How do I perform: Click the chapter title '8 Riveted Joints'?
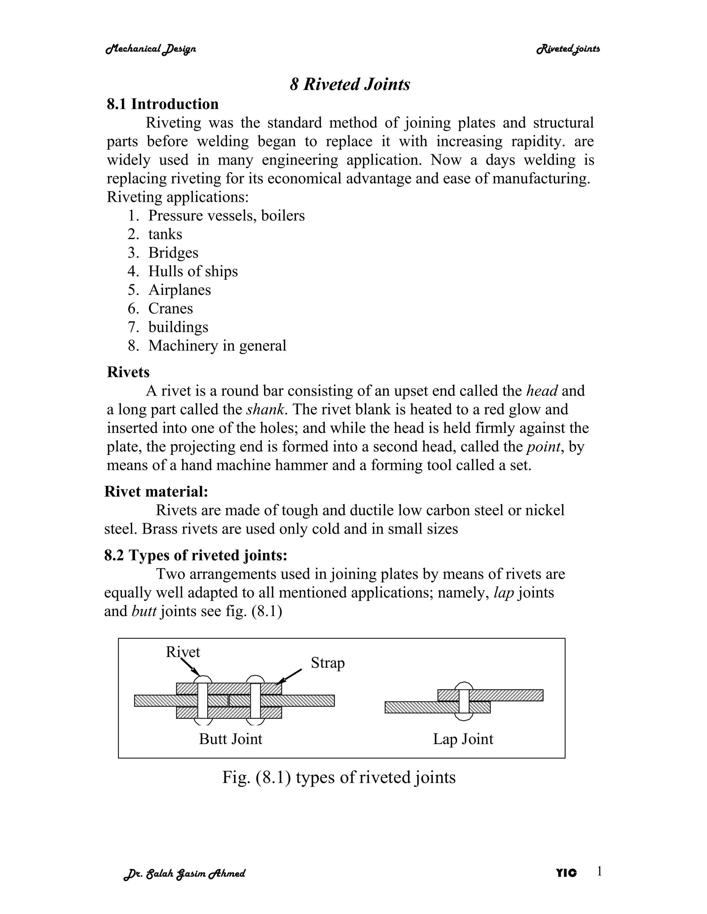[350, 84]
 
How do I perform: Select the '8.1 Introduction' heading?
[163, 104]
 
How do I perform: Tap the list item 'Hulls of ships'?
[193, 271]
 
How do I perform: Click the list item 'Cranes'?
[171, 308]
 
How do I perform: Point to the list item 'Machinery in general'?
[217, 346]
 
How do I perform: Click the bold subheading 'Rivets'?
[128, 372]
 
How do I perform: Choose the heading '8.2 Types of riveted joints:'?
[196, 555]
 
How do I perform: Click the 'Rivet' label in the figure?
[183, 652]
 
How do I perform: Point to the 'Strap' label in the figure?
[328, 663]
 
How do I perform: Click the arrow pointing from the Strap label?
[290, 676]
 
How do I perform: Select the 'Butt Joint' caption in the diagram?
[230, 739]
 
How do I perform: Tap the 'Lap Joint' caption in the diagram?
[463, 739]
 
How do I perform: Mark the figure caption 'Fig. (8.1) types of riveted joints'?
[338, 777]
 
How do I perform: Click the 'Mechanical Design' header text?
[151, 49]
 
